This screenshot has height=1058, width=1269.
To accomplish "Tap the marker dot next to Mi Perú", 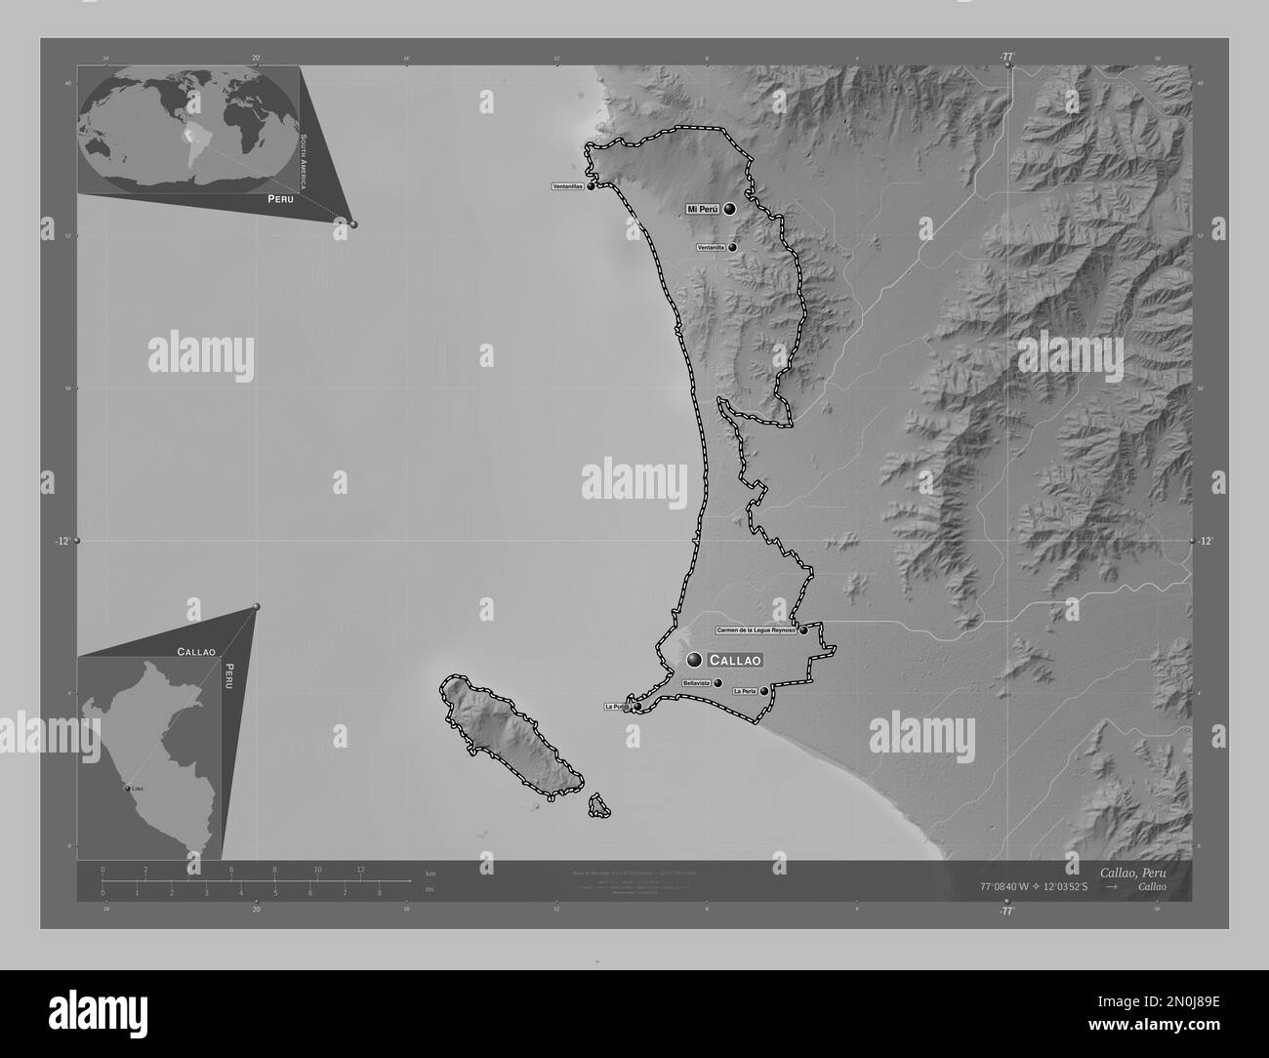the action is click(729, 208).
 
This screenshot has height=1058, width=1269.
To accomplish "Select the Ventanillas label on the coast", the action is click(567, 186).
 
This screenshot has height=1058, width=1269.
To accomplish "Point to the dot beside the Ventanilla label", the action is click(732, 248).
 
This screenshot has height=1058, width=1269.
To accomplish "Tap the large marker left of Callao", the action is click(694, 660).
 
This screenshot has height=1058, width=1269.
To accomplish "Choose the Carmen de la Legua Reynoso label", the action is click(757, 631).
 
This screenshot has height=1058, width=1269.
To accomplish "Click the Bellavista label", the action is click(697, 683).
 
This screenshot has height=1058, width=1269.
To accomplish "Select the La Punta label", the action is click(616, 706).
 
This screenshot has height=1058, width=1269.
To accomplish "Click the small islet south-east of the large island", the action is click(598, 806).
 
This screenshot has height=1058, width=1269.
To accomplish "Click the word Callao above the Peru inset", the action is click(196, 650).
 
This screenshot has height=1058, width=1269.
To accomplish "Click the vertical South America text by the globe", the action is click(304, 162).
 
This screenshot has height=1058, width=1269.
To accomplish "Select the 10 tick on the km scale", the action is click(317, 869).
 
